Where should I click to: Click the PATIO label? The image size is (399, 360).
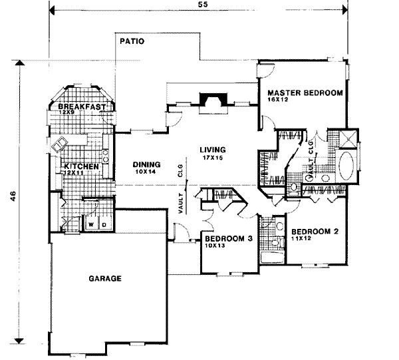pyautogui.click(x=132, y=41)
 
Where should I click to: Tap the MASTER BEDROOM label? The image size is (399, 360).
pyautogui.click(x=305, y=92)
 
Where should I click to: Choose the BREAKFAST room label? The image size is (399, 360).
pyautogui.click(x=82, y=107)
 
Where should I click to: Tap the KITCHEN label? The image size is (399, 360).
pyautogui.click(x=81, y=166)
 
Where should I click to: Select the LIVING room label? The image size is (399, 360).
pyautogui.click(x=211, y=150)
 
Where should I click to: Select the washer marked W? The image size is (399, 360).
pyautogui.click(x=91, y=224)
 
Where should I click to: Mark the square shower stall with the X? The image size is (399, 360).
pyautogui.click(x=348, y=138)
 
